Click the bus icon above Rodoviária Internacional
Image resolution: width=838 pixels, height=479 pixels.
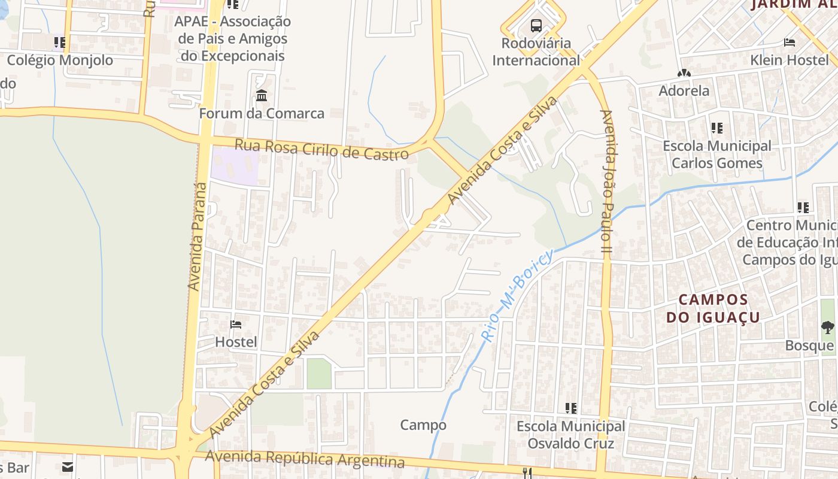pos(536,26)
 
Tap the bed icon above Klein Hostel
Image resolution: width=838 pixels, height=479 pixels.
pos(790,43)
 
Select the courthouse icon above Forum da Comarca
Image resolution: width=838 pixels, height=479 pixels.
pos(262,96)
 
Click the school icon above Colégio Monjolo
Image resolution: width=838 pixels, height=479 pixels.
pos(60,43)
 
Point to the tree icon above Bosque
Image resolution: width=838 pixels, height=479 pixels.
pos(828,327)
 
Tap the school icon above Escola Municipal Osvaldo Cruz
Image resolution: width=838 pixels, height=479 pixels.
pos(571,408)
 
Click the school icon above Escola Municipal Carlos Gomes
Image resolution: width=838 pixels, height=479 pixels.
pos(716,128)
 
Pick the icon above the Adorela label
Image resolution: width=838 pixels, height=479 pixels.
pos(684,74)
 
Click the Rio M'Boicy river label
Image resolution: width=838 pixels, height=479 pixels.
pos(516,297)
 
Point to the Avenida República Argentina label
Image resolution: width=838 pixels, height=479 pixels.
pos(305,459)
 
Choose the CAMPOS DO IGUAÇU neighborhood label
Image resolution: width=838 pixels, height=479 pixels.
pos(713,308)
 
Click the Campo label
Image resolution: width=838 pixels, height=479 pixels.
pos(423,425)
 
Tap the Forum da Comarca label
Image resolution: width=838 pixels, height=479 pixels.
pos(262,113)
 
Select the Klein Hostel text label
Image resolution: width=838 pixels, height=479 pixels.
pos(790,60)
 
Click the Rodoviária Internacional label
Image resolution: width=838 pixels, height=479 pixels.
pos(536,51)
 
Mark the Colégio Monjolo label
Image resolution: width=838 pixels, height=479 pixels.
pos(60,60)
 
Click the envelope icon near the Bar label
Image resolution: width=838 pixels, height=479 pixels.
pos(68,466)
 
